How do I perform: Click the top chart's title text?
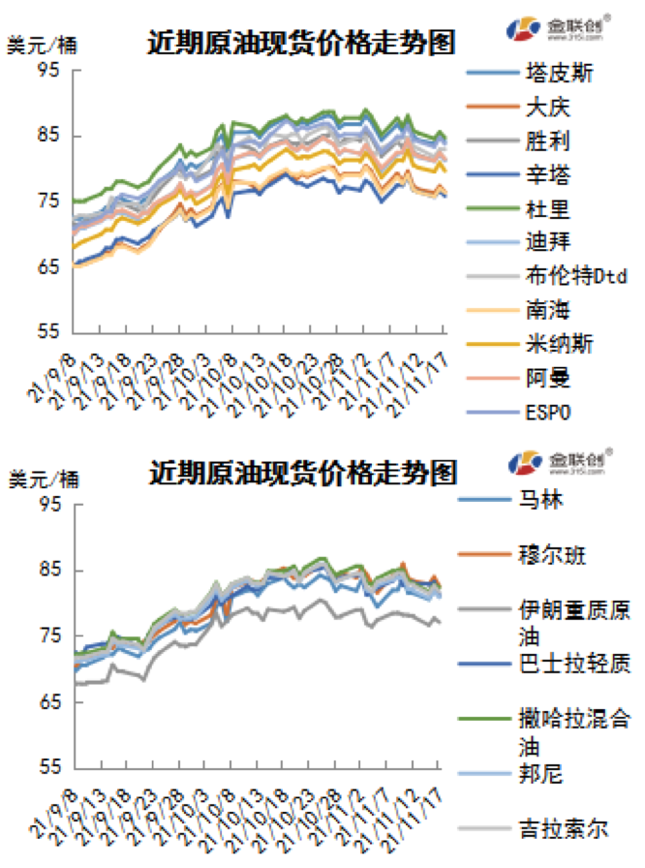pos(301,43)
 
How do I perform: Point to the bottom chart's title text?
pos(301,474)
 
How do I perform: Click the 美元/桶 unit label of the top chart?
pos(44,45)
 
